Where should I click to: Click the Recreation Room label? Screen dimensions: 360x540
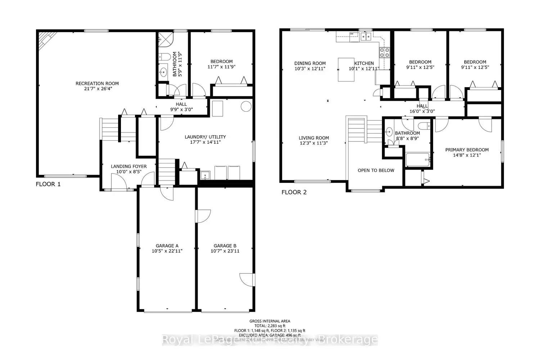[97, 84]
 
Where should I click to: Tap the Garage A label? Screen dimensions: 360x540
[167, 246]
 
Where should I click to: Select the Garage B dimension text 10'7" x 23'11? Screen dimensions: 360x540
[225, 251]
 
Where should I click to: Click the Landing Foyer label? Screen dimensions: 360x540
[129, 166]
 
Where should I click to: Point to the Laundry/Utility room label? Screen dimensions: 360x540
[205, 137]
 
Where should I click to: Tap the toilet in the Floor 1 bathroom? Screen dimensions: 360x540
[165, 57]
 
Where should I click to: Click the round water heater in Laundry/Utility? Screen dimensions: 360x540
[246, 107]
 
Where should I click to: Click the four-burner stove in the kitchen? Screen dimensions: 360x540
[384, 53]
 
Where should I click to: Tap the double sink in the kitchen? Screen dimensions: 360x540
[366, 36]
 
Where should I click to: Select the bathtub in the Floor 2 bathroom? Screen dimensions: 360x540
[418, 159]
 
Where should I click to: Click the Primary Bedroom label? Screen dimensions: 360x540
[467, 150]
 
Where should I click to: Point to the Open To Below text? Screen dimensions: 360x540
[376, 170]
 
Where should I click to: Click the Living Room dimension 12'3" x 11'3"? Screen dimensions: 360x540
[314, 143]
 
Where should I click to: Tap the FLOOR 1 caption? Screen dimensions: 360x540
[48, 184]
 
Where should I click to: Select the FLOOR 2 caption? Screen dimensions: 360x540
[294, 192]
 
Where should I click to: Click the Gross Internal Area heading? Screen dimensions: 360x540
[270, 321]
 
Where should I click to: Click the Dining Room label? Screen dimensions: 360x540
[310, 63]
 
